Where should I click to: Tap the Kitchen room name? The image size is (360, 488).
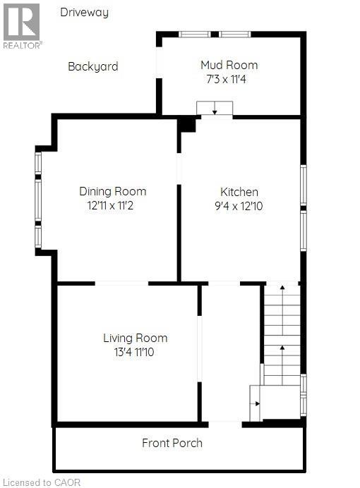point(239,192)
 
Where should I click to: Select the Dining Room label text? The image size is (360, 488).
point(112,191)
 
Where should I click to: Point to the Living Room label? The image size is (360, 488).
point(135,338)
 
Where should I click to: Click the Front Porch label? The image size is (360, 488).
point(172,443)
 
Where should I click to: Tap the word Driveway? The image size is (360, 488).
point(84,12)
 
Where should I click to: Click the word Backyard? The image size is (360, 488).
point(92,66)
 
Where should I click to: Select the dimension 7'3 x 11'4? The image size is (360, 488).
point(224,79)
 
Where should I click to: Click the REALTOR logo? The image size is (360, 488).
point(21,25)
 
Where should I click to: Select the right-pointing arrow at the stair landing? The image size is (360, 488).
point(256,403)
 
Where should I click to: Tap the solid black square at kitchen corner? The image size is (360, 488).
point(187,125)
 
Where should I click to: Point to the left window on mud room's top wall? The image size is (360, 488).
point(194,34)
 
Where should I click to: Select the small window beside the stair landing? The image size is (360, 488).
point(303,395)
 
